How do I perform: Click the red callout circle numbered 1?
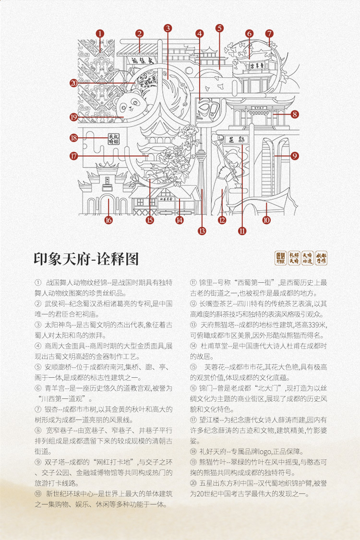click(x=100, y=34)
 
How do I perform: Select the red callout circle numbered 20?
click(x=73, y=83)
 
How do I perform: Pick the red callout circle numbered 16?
click(x=108, y=220)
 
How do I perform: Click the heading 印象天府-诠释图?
click(x=86, y=259)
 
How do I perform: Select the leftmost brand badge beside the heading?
click(x=280, y=258)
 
